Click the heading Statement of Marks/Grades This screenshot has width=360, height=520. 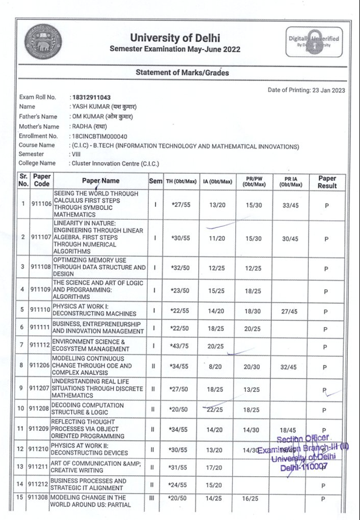point(182,73)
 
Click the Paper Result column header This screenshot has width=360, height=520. point(327,181)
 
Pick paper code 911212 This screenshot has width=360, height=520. point(40,484)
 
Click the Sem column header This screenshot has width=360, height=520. point(155,181)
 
